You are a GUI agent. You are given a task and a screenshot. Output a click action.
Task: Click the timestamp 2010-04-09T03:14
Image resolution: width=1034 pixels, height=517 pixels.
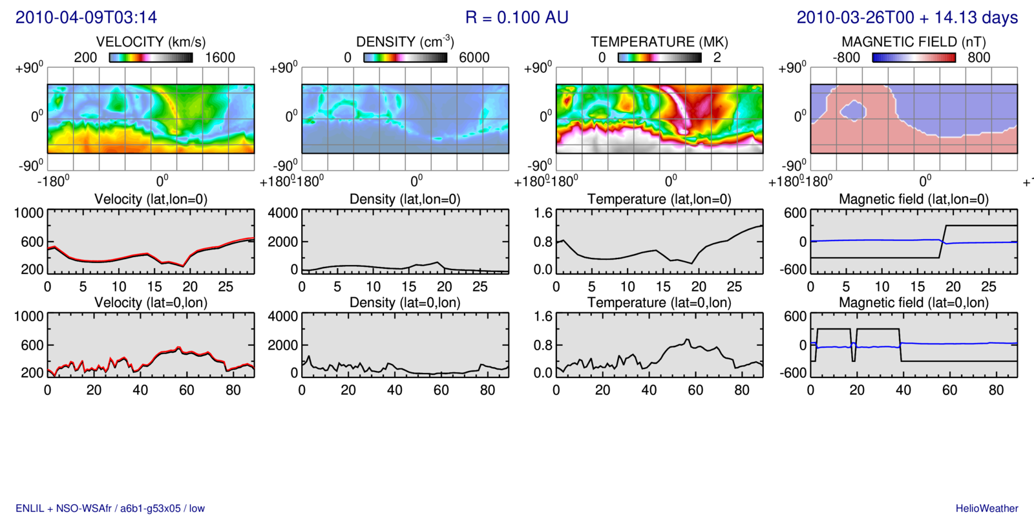pyautogui.click(x=86, y=17)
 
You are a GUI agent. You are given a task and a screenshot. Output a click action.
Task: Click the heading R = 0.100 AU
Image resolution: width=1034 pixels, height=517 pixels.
pyautogui.click(x=516, y=17)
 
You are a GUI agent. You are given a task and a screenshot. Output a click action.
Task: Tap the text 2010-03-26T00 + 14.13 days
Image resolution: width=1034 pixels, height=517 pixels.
pyautogui.click(x=907, y=17)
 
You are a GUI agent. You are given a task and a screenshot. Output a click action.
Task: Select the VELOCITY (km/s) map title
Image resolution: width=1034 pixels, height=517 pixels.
pyautogui.click(x=151, y=42)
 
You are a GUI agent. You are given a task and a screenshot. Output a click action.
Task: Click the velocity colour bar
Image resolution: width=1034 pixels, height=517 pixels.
pyautogui.click(x=151, y=58)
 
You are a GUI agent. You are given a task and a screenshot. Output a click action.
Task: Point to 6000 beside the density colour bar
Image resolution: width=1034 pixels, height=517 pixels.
pyautogui.click(x=474, y=58)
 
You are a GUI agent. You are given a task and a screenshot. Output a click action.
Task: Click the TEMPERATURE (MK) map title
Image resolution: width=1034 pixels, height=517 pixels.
pyautogui.click(x=659, y=42)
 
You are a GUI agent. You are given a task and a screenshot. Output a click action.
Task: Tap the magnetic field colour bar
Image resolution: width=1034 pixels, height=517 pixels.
pyautogui.click(x=914, y=58)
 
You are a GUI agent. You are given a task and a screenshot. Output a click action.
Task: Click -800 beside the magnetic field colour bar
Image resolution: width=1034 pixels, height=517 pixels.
pyautogui.click(x=846, y=58)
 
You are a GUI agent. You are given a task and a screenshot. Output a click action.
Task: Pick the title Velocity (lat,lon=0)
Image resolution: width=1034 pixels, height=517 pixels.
pyautogui.click(x=151, y=199)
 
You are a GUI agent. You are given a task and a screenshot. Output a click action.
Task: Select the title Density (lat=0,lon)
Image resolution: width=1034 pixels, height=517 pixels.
pyautogui.click(x=405, y=302)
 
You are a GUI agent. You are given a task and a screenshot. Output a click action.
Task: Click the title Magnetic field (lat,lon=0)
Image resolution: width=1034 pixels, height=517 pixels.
pyautogui.click(x=914, y=199)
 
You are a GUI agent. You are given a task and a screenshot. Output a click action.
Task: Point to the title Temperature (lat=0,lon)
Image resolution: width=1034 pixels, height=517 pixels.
pyautogui.click(x=659, y=302)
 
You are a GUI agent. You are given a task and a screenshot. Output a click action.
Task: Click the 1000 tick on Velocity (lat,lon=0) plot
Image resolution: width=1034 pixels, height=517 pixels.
pyautogui.click(x=29, y=213)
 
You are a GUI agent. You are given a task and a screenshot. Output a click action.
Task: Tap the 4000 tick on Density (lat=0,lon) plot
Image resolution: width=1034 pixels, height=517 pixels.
pyautogui.click(x=283, y=317)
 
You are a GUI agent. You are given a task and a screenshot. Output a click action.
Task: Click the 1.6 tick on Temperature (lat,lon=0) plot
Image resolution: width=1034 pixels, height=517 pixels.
pyautogui.click(x=543, y=213)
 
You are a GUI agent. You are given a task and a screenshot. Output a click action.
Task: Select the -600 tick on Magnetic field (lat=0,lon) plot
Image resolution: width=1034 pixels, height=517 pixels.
pyautogui.click(x=794, y=373)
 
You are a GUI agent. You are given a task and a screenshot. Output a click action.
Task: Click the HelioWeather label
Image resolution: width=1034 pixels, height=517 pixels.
pyautogui.click(x=987, y=509)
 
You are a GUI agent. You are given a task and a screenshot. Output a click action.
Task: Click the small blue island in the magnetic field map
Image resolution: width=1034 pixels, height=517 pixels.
pyautogui.click(x=853, y=111)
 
